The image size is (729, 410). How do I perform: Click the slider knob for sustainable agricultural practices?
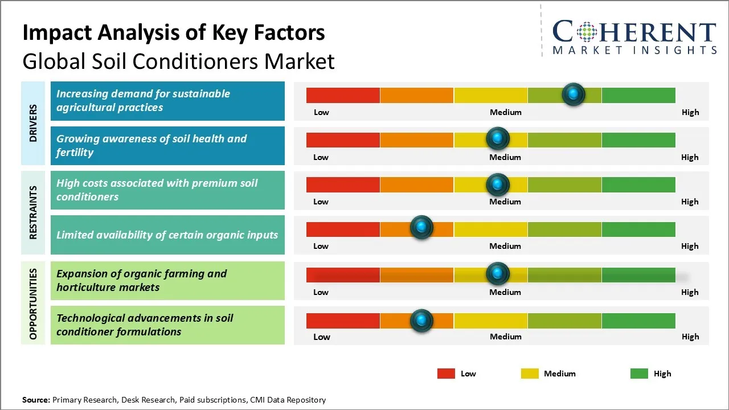coord(573,94)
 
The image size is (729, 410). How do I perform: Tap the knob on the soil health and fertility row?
coord(498,138)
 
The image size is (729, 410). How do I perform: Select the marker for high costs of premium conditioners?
coord(498,184)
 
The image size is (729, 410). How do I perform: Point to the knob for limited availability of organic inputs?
coord(421,228)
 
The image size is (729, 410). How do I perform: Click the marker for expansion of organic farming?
coord(498,274)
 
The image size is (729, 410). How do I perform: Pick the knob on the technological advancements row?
coord(421,321)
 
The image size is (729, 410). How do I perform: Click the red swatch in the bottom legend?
coord(446,374)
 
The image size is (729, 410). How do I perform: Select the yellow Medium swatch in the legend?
coord(530,374)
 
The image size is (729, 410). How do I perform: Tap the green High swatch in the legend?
coord(639,374)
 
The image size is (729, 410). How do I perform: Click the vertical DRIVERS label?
coord(34,124)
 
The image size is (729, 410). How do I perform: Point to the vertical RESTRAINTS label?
coord(34,212)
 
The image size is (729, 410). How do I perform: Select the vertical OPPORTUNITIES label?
coord(34,304)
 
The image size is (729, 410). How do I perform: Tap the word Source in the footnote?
coord(35,400)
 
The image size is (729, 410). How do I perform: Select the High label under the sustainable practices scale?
coord(690,112)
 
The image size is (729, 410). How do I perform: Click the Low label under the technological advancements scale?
coord(321,337)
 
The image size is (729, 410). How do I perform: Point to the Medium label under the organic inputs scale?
coord(505,246)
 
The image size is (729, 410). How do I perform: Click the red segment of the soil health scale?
coord(343,140)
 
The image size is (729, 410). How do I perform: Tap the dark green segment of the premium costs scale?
coord(638,184)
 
